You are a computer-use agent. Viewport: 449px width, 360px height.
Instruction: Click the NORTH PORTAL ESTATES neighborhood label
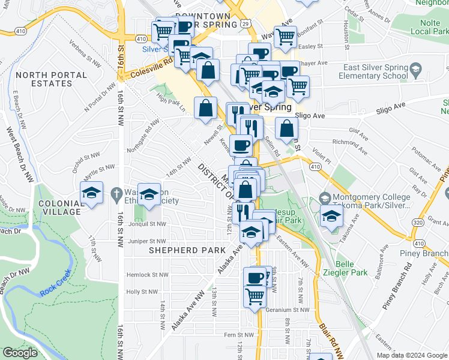44,79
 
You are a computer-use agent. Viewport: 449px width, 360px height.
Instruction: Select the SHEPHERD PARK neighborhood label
179,250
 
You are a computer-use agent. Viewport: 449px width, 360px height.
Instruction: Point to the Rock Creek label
56,284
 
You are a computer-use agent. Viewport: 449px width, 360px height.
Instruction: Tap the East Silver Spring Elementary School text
373,72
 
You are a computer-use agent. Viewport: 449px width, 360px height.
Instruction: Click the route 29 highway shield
246,23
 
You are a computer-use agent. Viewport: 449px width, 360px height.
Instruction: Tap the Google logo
20,353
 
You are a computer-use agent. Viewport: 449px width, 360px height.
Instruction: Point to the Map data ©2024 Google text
412,355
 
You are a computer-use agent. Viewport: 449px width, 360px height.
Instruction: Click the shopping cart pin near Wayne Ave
285,37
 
